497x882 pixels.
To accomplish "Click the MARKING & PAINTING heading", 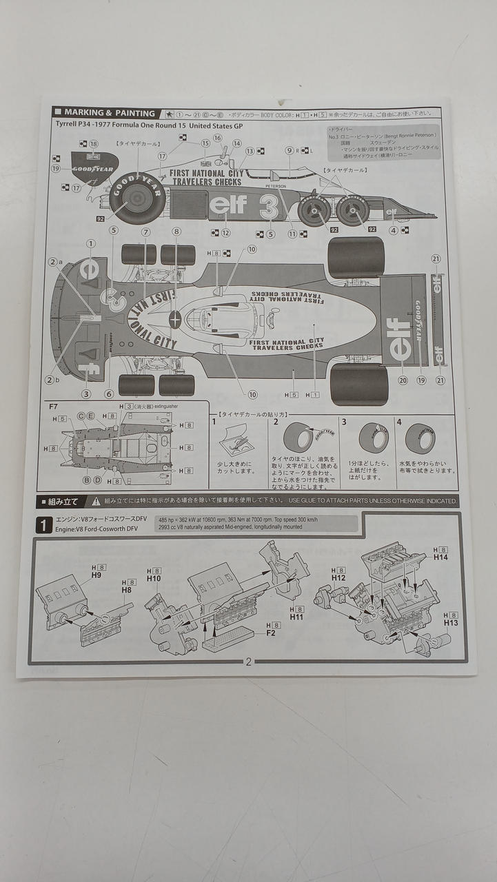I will pos(110,113).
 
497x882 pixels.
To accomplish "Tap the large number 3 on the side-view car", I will pos(269,206).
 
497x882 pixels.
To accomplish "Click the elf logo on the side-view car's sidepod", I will pos(227,205).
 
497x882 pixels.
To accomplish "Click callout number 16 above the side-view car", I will pos(218,138).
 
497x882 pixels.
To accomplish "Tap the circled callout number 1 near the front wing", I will pos(90,243).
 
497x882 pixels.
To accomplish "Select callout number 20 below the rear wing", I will pos(403,380).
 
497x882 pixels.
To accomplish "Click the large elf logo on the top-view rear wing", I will pos(400,338).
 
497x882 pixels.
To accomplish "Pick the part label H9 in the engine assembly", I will pos(97,575).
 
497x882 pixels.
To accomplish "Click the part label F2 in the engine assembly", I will pos(271,632).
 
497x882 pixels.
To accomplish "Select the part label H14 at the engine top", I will pos(440,557).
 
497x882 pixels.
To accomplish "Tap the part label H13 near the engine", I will pos(451,622).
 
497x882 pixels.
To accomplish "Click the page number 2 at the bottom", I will pos(249,661).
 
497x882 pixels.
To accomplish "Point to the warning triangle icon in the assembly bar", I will pos(96,502).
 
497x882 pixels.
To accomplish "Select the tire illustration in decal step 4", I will pos(420,439).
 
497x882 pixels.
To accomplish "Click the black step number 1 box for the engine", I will pos(43,526).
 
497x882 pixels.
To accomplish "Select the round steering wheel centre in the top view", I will pos(174,320).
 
